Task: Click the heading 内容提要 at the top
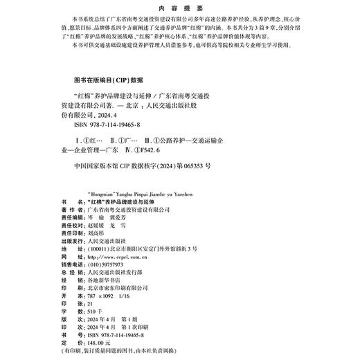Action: (179, 10)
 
